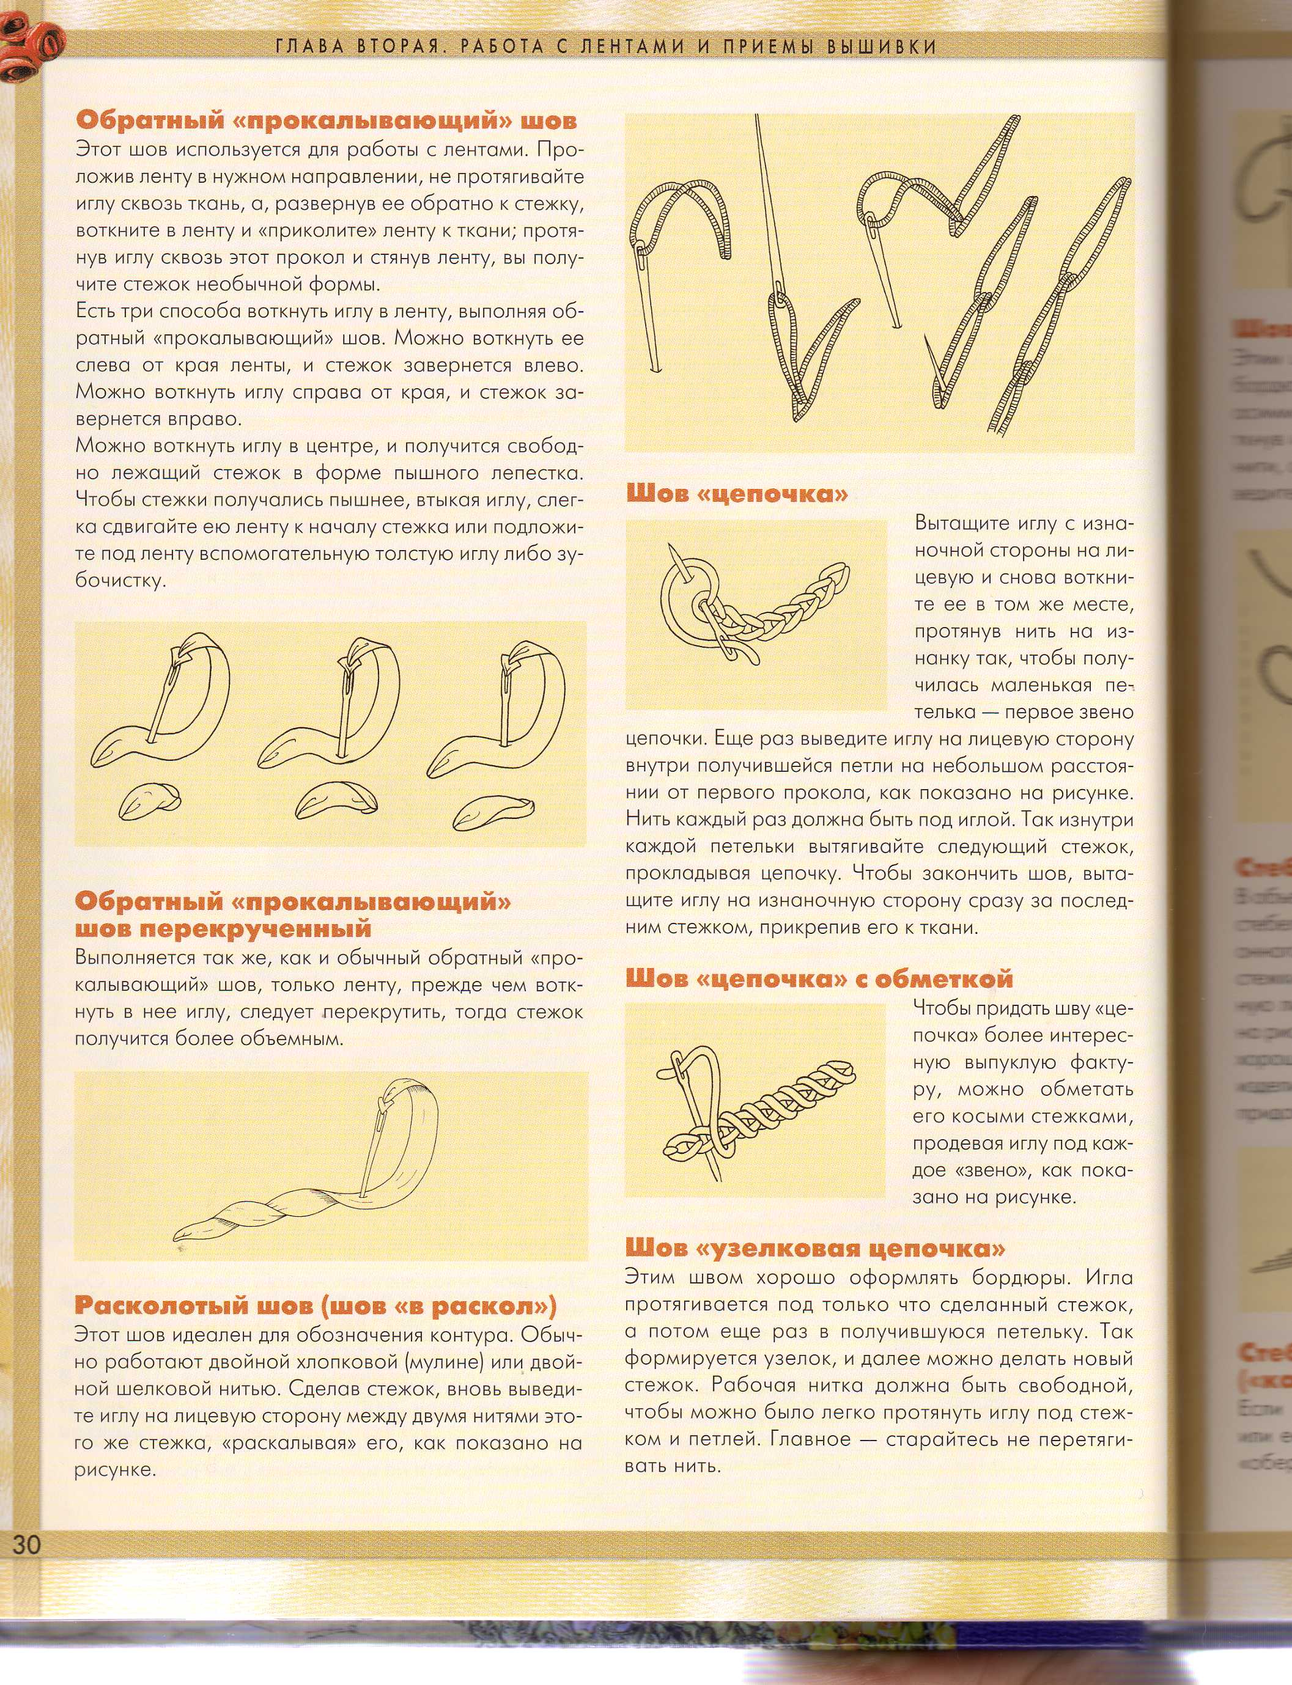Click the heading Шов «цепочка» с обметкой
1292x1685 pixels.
coord(819,978)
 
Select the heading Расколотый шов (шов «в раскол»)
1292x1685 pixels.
coord(316,1305)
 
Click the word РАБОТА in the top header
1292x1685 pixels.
coord(512,48)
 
